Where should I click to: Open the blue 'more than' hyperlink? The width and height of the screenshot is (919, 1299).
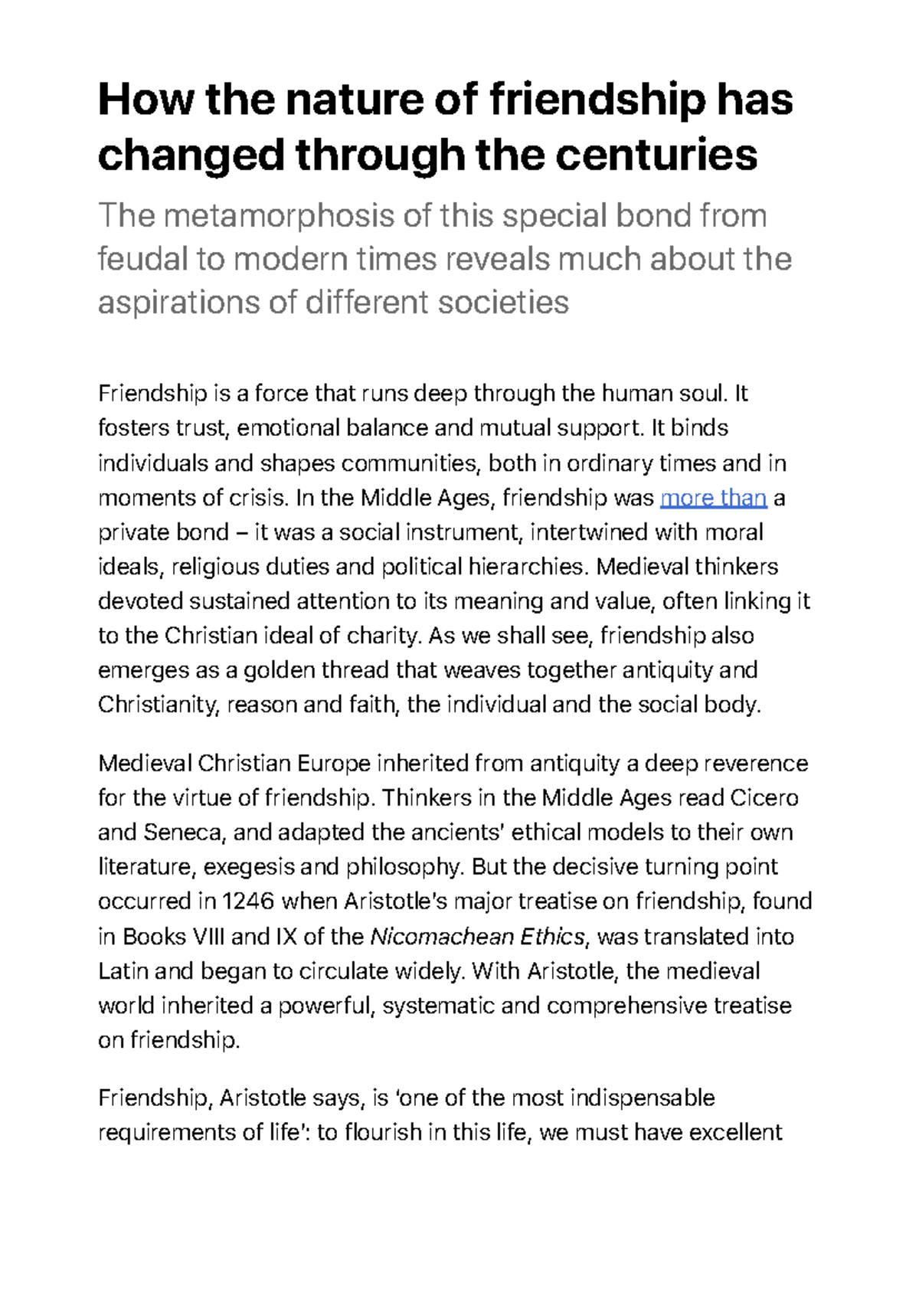pos(713,498)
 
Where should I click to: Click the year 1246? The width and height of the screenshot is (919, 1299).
pos(247,901)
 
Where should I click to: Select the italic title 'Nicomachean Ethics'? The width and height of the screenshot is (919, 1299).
pos(477,937)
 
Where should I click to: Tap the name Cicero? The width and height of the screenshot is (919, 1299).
pos(764,798)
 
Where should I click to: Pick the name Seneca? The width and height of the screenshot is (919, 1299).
pos(184,833)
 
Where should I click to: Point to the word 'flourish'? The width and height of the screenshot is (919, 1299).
pos(383,1132)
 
